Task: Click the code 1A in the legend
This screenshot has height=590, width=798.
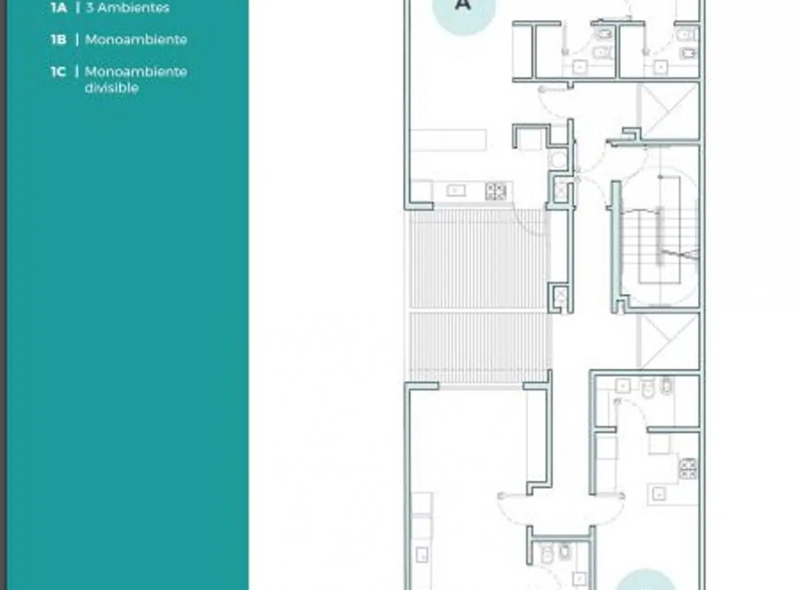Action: point(59,8)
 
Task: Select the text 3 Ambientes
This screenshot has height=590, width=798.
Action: point(127,8)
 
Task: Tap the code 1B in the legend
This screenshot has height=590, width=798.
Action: point(58,39)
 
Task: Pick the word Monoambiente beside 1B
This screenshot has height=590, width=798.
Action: point(136,39)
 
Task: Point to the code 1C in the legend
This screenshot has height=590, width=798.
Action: point(58,72)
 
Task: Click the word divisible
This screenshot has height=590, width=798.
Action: point(111,88)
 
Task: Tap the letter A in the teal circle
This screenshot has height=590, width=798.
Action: point(463,4)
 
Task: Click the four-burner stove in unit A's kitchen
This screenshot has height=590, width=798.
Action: point(495,191)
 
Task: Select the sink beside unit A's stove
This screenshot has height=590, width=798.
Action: point(456,191)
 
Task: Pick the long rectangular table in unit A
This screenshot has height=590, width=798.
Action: point(448,140)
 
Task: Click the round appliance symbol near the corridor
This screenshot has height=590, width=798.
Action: point(558,160)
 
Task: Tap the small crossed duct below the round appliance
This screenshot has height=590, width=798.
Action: point(560,191)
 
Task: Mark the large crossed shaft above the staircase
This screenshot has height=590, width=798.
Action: point(669,111)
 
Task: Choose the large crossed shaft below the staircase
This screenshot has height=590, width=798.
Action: point(668,341)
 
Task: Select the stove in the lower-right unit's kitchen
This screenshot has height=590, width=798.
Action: point(688,469)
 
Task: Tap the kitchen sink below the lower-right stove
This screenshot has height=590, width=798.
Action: point(659,494)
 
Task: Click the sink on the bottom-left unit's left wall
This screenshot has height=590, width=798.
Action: point(422,554)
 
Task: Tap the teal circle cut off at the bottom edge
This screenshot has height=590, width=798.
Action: point(646,580)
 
